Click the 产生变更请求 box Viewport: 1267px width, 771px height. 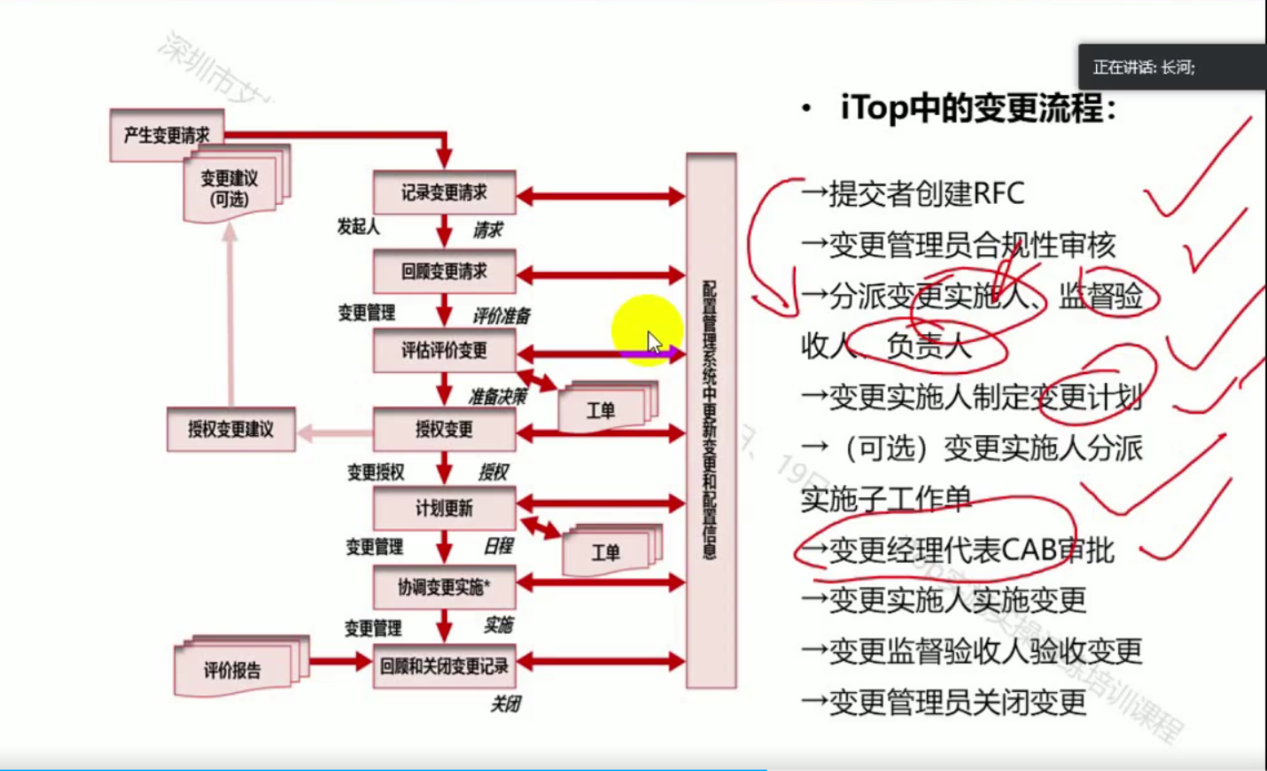click(167, 135)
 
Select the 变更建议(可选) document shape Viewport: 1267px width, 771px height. click(230, 188)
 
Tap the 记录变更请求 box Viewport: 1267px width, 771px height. click(444, 192)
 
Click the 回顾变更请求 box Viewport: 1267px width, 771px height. click(444, 271)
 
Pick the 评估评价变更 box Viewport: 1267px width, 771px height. click(444, 350)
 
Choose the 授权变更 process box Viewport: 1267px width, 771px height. click(444, 430)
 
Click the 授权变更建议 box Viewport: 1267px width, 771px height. click(230, 430)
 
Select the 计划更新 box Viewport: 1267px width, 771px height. click(444, 508)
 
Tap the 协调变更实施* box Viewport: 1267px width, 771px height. click(444, 587)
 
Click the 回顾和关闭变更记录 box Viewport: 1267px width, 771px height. click(444, 666)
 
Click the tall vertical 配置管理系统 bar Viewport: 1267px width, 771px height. click(711, 420)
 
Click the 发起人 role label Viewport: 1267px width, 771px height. click(358, 227)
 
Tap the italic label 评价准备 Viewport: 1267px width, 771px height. click(501, 315)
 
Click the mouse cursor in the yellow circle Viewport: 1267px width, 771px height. click(654, 340)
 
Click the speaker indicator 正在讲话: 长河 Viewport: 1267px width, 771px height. click(1144, 67)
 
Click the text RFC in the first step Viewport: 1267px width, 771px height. click(998, 193)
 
